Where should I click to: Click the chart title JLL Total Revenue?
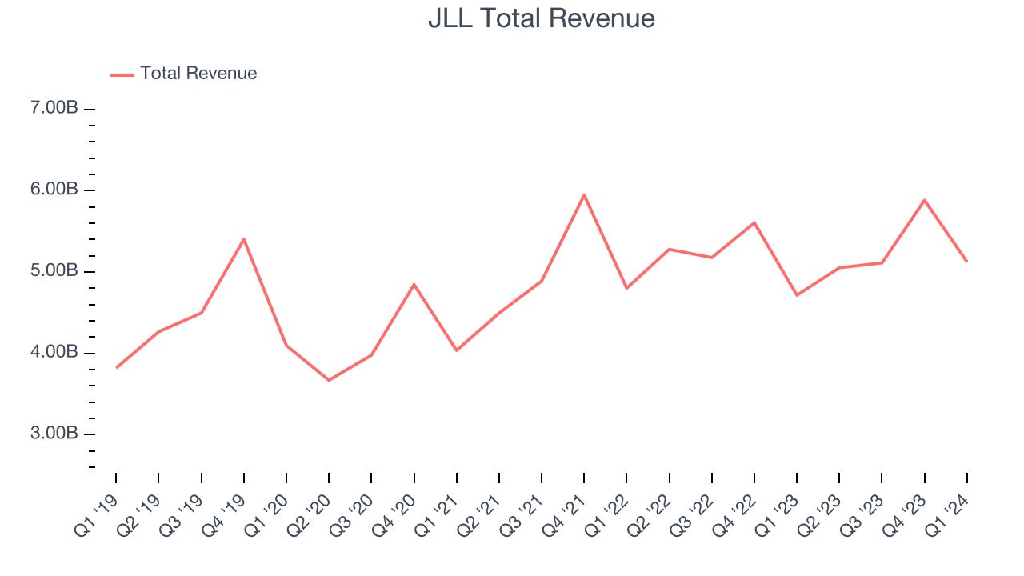click(542, 18)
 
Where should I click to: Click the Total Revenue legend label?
click(198, 74)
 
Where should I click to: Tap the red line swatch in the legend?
click(122, 74)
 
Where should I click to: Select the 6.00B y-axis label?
click(55, 190)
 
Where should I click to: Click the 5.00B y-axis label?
click(55, 271)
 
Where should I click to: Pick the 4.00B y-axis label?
click(55, 353)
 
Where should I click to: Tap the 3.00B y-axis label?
click(55, 434)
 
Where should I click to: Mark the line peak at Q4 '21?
click(584, 194)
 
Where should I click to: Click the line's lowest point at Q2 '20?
click(329, 380)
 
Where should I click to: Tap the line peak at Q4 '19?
click(243, 239)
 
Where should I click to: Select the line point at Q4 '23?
click(925, 200)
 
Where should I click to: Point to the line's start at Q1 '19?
click(116, 368)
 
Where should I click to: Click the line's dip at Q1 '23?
click(797, 295)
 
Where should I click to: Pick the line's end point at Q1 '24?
click(967, 262)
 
